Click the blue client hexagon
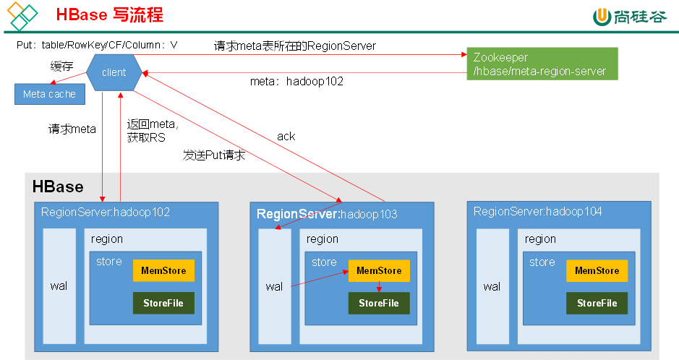coord(114,72)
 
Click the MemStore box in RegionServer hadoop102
coord(163,270)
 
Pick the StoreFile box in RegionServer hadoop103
coord(379,303)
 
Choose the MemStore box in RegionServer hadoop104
coord(597,270)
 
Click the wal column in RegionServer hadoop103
coord(274,286)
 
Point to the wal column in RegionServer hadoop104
coord(492,286)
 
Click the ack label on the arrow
coord(286,136)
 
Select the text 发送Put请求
coord(214,155)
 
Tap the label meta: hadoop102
coord(296,82)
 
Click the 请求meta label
coord(72,130)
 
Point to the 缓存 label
coord(62,67)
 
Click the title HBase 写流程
coord(109,15)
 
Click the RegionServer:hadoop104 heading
coord(538,211)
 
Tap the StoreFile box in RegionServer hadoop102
coord(163,303)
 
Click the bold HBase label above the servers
coord(58,187)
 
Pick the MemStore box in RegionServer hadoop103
coord(379,270)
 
